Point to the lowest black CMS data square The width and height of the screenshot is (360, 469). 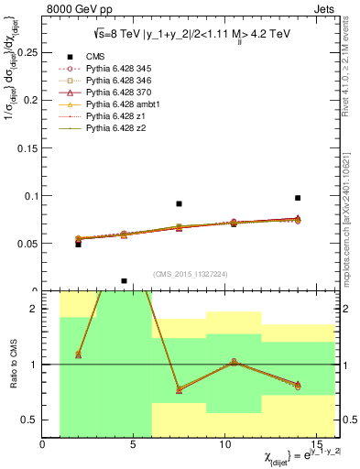124,281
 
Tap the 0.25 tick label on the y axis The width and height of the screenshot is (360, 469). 26,53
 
